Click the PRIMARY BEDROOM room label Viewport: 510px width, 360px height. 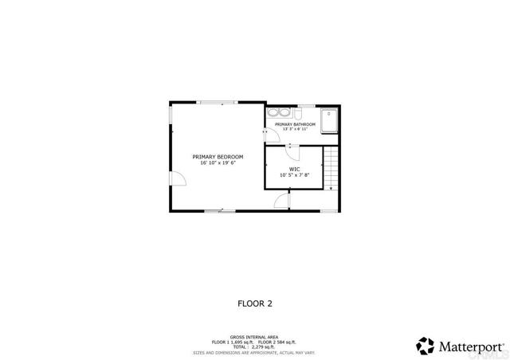click(x=218, y=156)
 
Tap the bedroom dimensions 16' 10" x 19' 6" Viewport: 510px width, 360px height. click(x=218, y=162)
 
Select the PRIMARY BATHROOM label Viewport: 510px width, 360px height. click(x=295, y=124)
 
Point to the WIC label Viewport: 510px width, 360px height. click(x=294, y=168)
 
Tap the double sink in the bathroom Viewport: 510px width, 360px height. click(x=278, y=113)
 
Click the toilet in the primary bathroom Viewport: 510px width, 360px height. click(x=297, y=114)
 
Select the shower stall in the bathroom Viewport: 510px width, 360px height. click(x=329, y=119)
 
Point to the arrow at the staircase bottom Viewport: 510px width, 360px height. click(x=331, y=188)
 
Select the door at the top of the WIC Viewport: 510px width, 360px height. click(x=292, y=146)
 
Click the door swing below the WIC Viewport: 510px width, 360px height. click(x=281, y=202)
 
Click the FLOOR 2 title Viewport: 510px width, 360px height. click(x=255, y=303)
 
